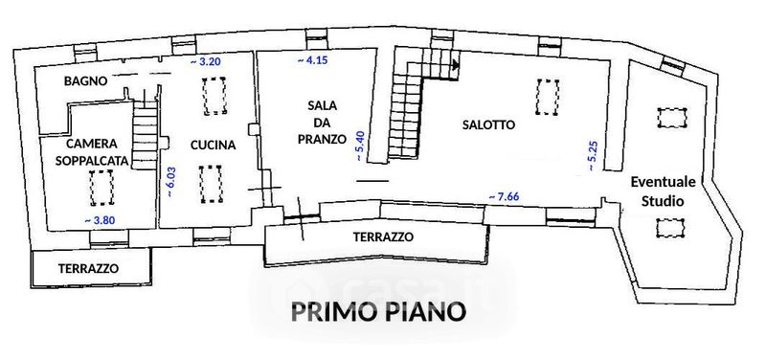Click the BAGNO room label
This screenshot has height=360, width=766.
coord(85,81)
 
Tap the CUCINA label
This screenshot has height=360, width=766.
coord(213,146)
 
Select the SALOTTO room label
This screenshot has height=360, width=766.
coord(488,125)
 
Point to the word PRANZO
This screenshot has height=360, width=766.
coord(322,139)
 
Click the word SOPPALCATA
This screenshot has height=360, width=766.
coord(92,161)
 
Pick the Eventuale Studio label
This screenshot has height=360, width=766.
coord(663,191)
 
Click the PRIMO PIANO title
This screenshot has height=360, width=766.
coord(378,312)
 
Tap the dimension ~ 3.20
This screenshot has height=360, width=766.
coord(206,61)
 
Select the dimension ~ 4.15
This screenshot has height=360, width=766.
coord(312,60)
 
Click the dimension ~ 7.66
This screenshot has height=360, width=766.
coord(504,197)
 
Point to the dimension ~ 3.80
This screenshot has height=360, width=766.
coord(100,220)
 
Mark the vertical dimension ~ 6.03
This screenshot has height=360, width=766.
coord(171,182)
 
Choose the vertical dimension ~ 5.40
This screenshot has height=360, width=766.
coord(360,146)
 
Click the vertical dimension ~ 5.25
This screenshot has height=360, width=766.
coord(593,156)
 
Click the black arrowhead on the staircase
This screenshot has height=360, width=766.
coord(457,64)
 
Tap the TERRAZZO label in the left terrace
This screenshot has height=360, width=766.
coord(88,269)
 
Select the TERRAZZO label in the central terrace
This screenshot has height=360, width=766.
coord(384,236)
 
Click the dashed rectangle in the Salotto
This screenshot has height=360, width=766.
coord(547,98)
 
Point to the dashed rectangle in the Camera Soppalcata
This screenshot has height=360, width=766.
coord(101,188)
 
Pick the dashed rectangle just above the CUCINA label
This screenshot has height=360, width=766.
coord(214,96)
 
